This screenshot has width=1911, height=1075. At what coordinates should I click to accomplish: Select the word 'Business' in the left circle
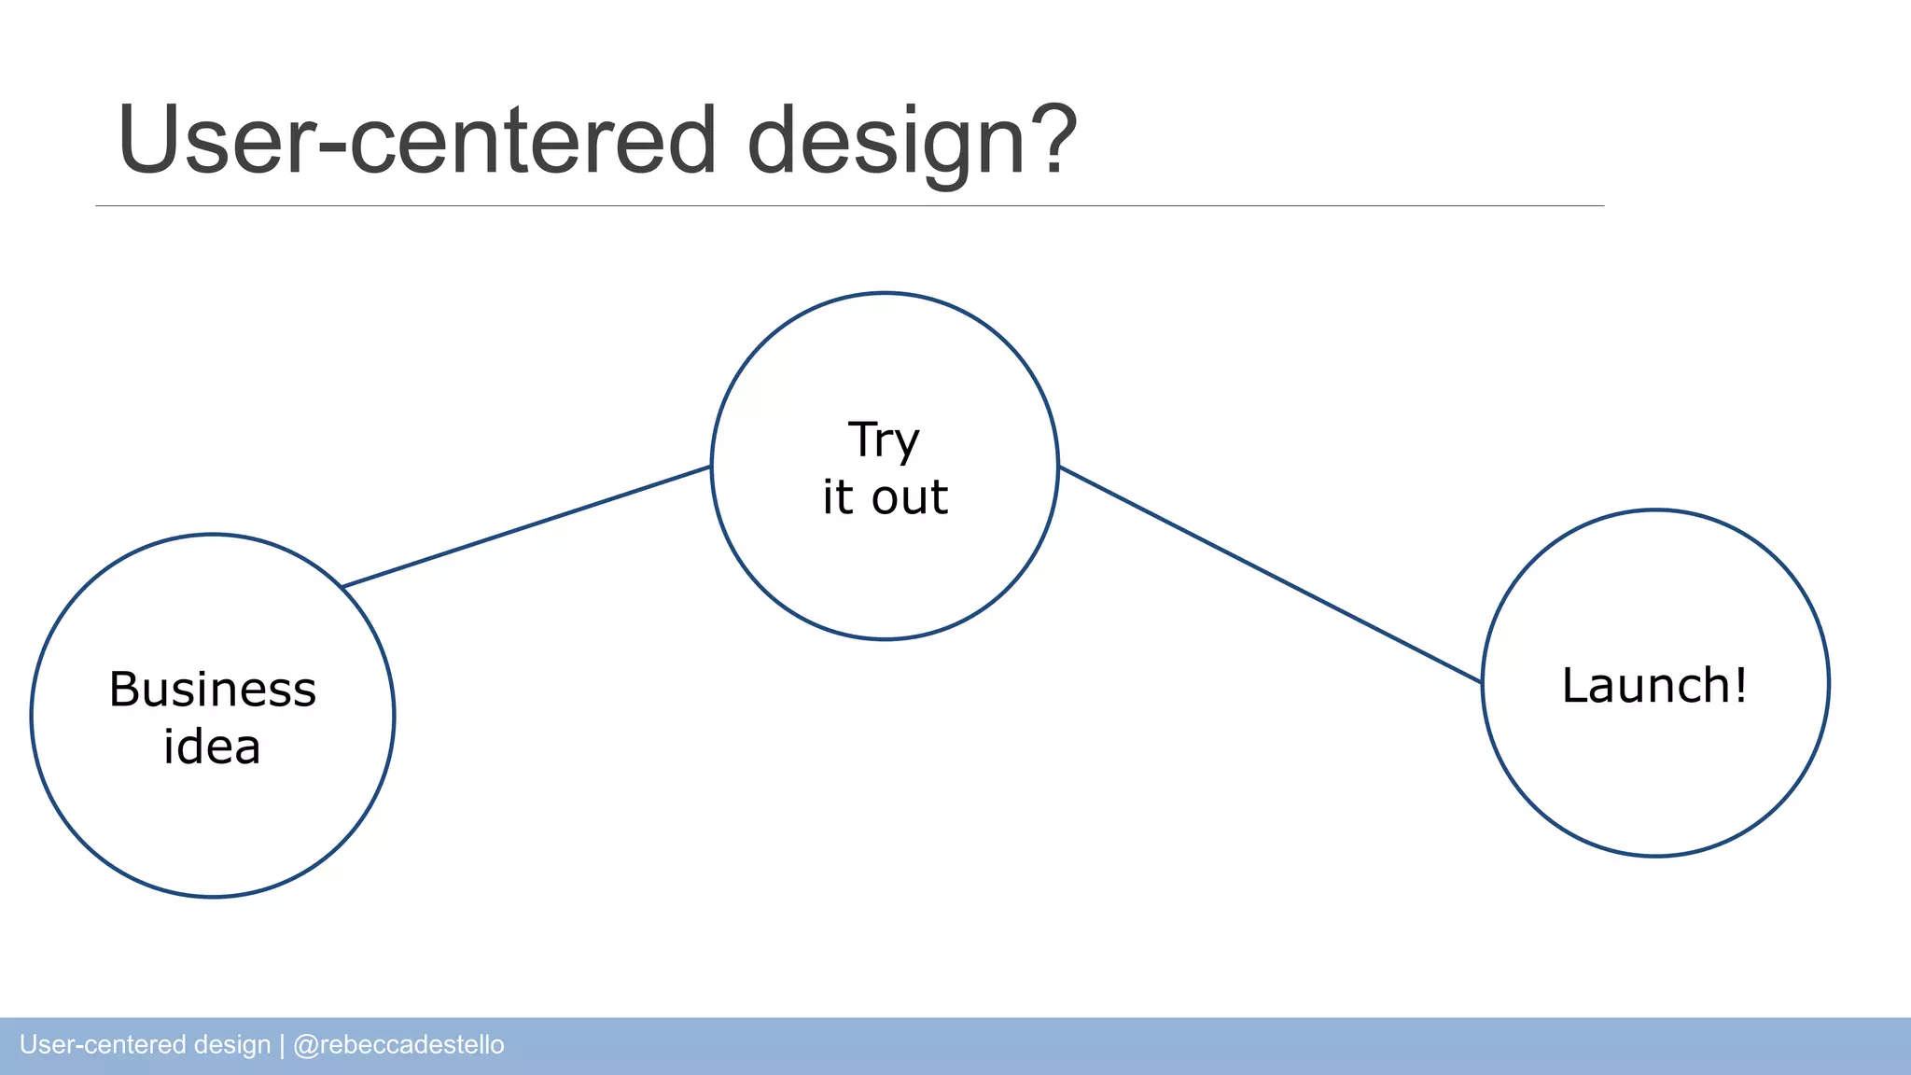(x=213, y=690)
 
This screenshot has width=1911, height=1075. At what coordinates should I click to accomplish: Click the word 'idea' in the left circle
(x=212, y=747)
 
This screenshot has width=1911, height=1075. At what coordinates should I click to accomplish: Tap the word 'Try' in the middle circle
(x=883, y=440)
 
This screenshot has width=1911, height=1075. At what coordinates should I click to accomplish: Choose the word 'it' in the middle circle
(x=837, y=496)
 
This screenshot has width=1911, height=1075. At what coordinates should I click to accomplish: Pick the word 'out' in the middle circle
(x=910, y=497)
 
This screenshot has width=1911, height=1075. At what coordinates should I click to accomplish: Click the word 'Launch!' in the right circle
(x=1653, y=685)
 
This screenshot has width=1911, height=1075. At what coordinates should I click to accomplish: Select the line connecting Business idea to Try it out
(x=526, y=526)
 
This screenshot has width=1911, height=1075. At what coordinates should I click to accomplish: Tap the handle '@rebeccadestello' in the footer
(x=398, y=1044)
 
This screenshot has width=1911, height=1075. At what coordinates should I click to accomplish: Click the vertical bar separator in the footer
(x=282, y=1045)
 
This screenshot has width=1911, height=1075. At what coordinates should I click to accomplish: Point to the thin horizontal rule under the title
(x=849, y=205)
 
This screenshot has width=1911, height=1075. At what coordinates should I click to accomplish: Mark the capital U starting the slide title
(x=148, y=140)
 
